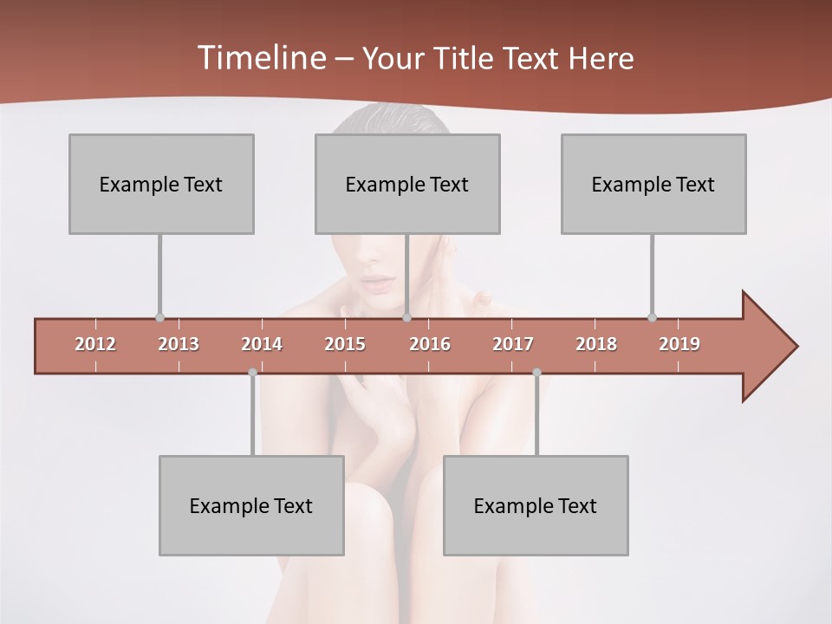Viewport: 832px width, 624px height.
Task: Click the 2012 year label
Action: coord(95,344)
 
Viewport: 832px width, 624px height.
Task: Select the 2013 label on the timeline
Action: coord(179,344)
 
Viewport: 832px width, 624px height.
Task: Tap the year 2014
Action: coord(262,344)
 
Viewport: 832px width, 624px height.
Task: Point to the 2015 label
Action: coord(345,344)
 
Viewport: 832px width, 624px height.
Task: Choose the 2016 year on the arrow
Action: coord(430,344)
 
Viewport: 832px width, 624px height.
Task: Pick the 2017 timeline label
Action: coord(513,344)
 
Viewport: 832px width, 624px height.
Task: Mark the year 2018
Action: coord(596,344)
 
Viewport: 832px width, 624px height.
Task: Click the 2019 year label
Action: coord(679,344)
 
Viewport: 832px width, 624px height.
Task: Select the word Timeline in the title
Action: coord(260,58)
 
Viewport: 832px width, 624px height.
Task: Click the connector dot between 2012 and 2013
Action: coord(159,317)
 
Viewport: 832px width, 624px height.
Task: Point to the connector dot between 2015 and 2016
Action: coord(406,317)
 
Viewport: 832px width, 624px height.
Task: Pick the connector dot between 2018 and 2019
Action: coord(652,317)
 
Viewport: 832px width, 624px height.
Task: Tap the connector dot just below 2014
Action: coord(252,373)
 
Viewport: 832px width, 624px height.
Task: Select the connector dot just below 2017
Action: coord(536,373)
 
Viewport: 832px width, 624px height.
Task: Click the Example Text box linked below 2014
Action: coord(251,505)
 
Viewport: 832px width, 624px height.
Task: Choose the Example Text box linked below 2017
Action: coord(536,505)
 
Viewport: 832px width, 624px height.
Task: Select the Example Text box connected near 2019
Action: coord(653,184)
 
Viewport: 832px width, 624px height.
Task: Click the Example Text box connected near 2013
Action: coord(161,184)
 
